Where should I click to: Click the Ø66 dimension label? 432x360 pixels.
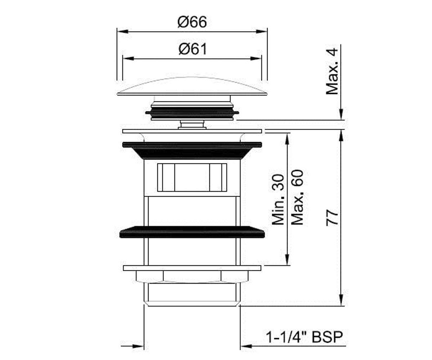coord(192,22)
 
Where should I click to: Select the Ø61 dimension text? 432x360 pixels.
coord(193,49)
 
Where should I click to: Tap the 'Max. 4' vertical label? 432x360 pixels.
coord(332,71)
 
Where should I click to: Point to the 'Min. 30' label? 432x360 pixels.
coord(278,200)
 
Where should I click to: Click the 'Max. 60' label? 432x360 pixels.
coord(297,197)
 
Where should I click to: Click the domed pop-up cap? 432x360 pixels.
coord(192,86)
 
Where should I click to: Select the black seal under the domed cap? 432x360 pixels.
coord(192,113)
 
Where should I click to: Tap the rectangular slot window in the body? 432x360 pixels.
coord(192,177)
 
